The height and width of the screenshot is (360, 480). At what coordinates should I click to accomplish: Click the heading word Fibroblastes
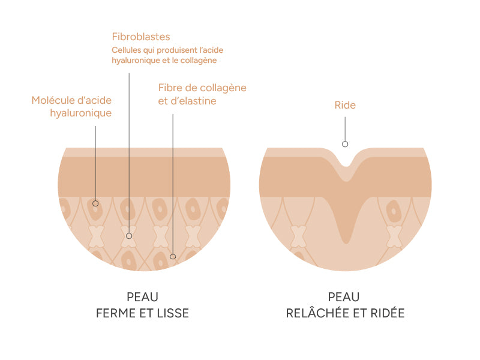pyautogui.click(x=141, y=37)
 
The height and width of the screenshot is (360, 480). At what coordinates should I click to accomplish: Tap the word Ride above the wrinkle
pyautogui.click(x=345, y=106)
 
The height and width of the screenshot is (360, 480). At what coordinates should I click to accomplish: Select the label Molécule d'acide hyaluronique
pyautogui.click(x=72, y=106)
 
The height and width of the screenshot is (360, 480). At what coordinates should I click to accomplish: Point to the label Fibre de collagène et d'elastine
pyautogui.click(x=202, y=94)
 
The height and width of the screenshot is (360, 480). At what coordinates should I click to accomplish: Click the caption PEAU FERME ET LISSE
pyautogui.click(x=142, y=305)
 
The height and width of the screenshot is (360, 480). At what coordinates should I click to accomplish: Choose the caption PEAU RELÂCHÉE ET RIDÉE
pyautogui.click(x=344, y=305)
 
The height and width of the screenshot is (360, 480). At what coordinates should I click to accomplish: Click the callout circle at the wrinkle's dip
pyautogui.click(x=344, y=144)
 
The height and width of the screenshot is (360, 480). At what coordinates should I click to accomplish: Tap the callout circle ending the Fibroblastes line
pyautogui.click(x=128, y=236)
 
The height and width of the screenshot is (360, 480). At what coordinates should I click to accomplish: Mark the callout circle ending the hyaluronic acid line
pyautogui.click(x=95, y=203)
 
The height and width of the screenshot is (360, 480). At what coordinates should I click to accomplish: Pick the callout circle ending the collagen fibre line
pyautogui.click(x=173, y=257)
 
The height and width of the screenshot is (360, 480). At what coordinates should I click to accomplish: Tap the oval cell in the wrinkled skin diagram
pyautogui.click(x=393, y=211)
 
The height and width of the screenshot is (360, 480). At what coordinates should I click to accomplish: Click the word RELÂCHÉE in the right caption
pyautogui.click(x=318, y=314)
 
